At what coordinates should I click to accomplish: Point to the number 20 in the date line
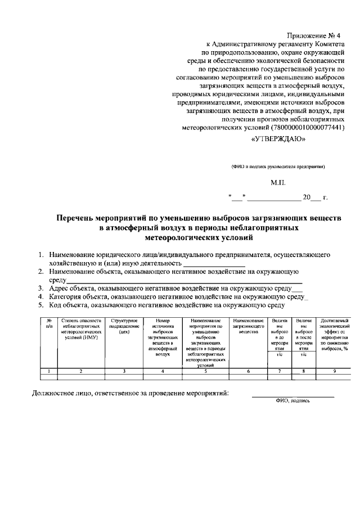[307, 198]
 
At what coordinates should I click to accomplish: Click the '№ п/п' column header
[49, 323]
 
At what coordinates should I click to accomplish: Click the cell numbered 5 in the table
[205, 371]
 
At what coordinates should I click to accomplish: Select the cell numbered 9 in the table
[334, 371]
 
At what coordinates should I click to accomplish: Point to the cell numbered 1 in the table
[49, 371]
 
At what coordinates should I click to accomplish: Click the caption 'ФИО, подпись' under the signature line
[292, 401]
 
